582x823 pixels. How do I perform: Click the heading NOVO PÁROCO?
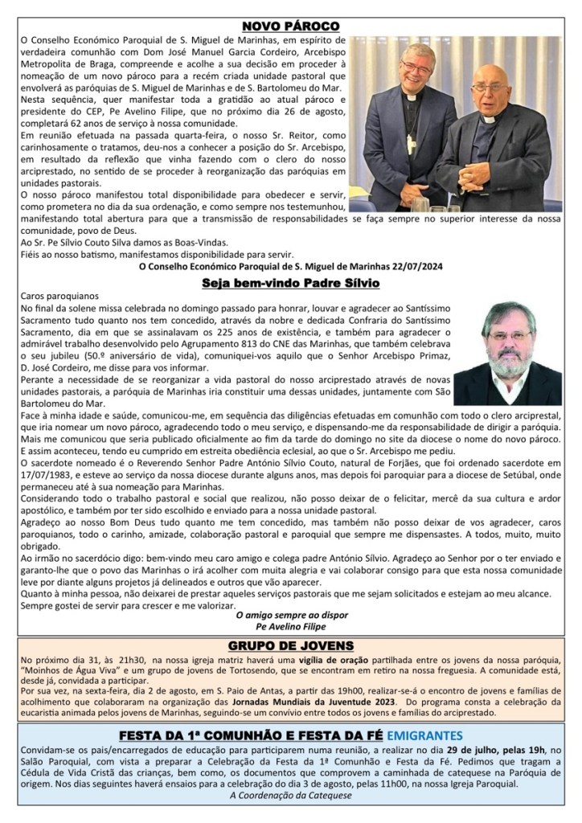tap(290, 26)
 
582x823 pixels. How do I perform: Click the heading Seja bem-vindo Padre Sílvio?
tap(290, 283)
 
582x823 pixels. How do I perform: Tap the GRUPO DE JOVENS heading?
tap(290, 645)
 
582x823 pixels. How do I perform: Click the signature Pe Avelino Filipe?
tap(290, 626)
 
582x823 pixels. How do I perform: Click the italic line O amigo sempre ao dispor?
tap(290, 615)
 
